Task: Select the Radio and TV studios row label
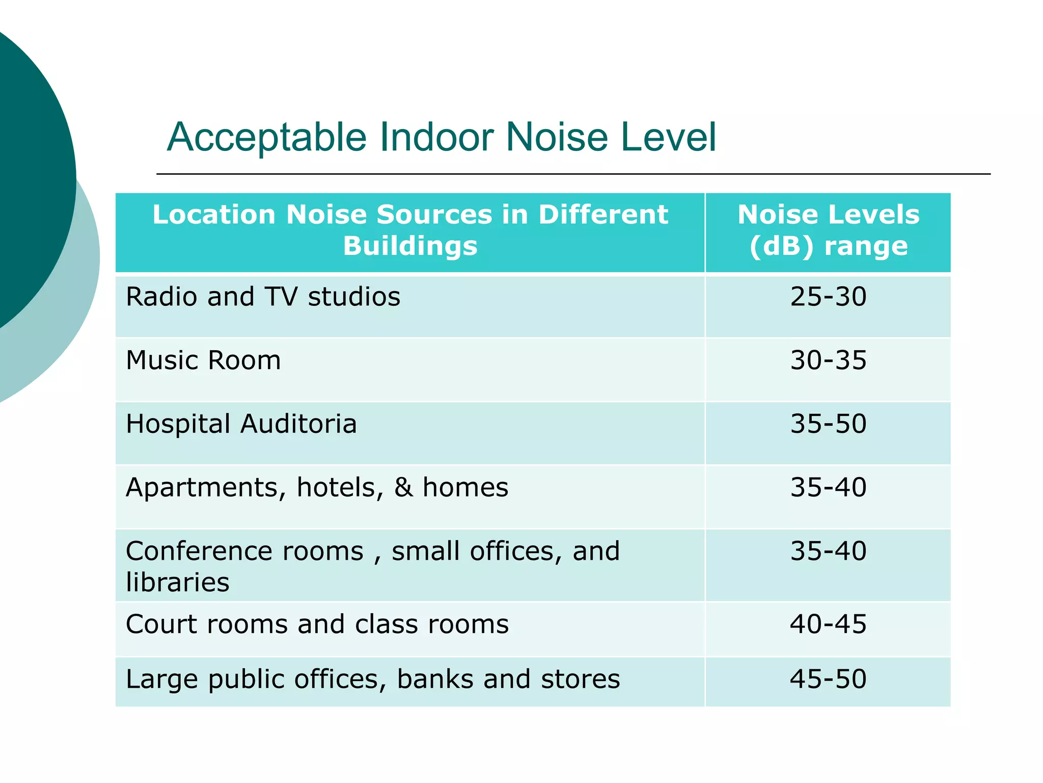(263, 297)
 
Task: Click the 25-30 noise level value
(828, 297)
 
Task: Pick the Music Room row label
(203, 360)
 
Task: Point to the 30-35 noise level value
(828, 360)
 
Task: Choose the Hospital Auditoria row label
(241, 424)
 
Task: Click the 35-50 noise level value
(828, 424)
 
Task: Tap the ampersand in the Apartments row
(403, 487)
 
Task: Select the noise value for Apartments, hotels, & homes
(828, 487)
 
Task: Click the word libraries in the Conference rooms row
(178, 582)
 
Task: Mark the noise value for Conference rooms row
(828, 551)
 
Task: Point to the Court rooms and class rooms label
(317, 624)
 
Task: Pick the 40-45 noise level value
(828, 624)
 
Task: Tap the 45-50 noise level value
(828, 679)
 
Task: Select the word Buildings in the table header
(410, 246)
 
